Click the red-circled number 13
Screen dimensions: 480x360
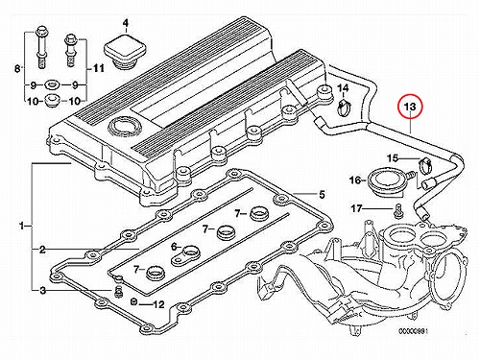(410, 107)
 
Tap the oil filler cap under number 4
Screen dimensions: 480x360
(124, 52)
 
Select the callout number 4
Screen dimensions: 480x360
(126, 23)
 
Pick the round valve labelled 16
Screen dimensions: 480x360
(379, 180)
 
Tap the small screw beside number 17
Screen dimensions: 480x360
(397, 209)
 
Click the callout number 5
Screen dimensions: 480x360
(322, 194)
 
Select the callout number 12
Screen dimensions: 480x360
(158, 304)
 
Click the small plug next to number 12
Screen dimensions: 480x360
(134, 301)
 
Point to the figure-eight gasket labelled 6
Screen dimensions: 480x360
(186, 255)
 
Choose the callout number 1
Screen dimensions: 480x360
(21, 227)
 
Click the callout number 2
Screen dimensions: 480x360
(42, 250)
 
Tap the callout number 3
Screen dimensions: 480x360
(43, 290)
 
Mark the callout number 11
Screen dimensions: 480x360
(98, 68)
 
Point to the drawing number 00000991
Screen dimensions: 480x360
(413, 331)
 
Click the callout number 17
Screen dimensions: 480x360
(356, 208)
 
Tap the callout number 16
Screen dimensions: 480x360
(355, 180)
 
